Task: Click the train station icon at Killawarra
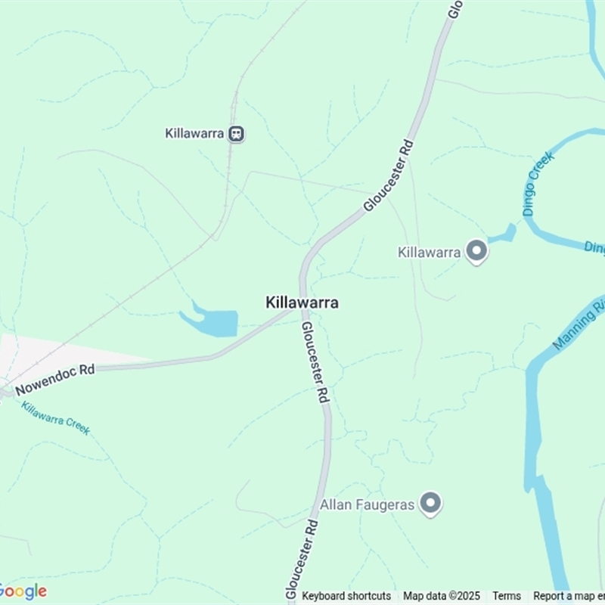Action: (237, 134)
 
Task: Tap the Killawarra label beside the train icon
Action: (194, 134)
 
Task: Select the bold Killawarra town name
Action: (302, 302)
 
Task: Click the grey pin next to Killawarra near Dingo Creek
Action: (476, 252)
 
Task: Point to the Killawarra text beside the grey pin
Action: (430, 253)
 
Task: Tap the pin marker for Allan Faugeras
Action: (431, 503)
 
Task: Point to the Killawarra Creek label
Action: (55, 417)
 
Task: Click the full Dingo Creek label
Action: (538, 184)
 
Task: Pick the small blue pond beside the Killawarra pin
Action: (505, 234)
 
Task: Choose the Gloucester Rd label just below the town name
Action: (316, 361)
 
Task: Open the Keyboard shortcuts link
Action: (346, 596)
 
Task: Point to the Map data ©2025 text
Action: (442, 596)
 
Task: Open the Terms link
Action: (507, 596)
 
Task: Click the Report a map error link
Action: (569, 596)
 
